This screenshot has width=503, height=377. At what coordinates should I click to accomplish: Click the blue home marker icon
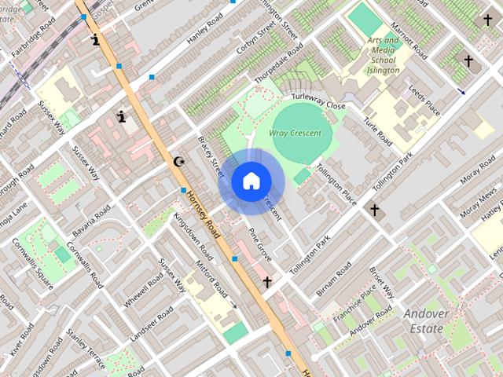tap(251, 181)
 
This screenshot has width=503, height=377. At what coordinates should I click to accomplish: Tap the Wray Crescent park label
tap(296, 134)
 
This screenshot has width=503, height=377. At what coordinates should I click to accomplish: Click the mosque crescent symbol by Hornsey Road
tap(180, 162)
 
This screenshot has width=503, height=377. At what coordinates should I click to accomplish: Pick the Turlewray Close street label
tap(318, 101)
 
